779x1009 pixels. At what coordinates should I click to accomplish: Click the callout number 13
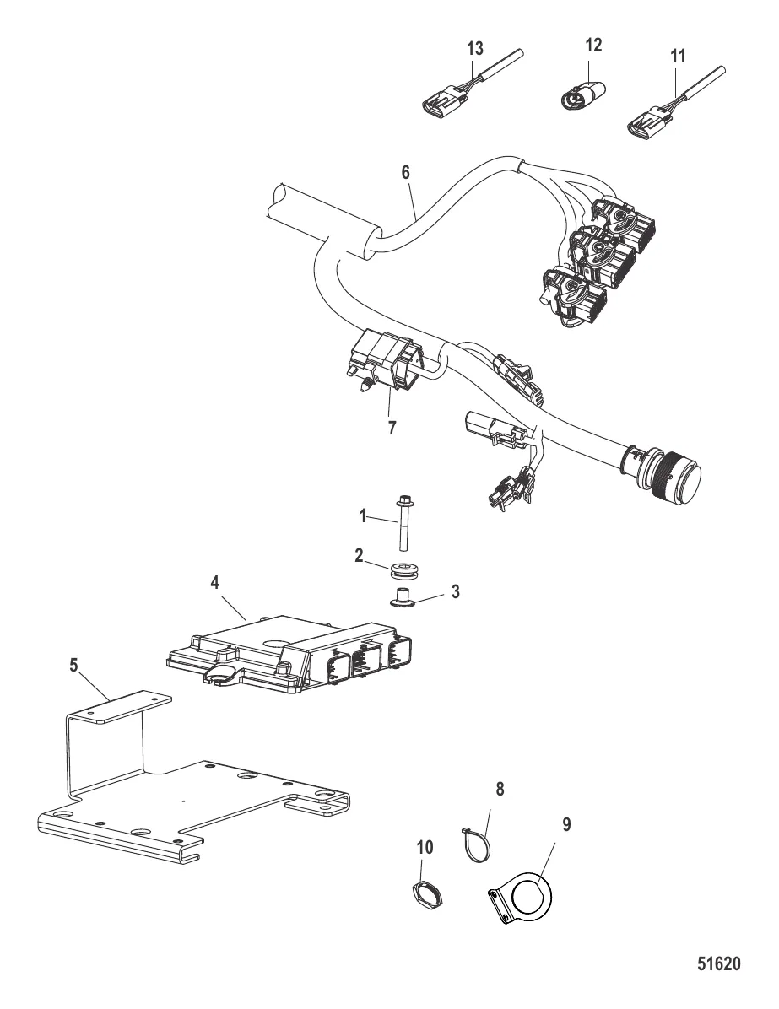tap(475, 48)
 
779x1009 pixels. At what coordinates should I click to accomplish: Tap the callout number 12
tap(594, 45)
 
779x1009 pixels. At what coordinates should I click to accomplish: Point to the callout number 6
tap(406, 171)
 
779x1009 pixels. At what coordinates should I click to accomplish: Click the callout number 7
tap(391, 429)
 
